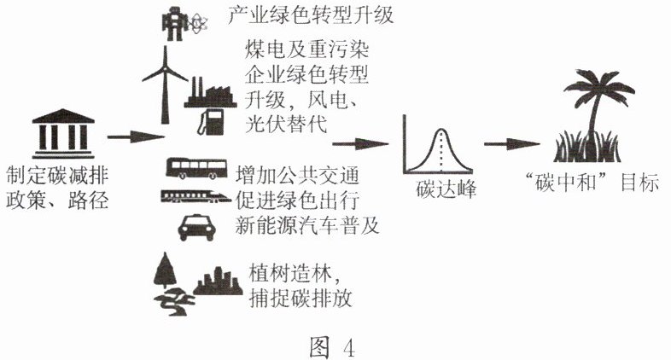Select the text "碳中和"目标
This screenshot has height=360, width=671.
pos(590,183)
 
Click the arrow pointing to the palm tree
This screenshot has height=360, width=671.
pos(511,144)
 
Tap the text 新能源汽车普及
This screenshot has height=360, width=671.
pos(305,226)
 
